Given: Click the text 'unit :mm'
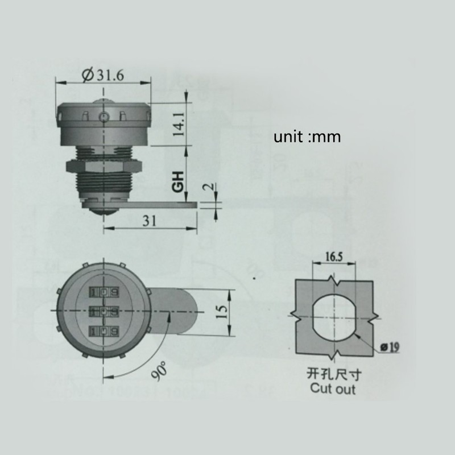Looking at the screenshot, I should click(307, 137).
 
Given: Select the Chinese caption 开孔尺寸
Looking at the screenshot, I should click(334, 375).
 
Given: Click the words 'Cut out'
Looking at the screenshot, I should click(334, 389).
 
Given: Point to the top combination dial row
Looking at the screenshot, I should click(103, 293).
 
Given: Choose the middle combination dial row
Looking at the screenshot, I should click(103, 311).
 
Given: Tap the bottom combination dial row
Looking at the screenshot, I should click(103, 330).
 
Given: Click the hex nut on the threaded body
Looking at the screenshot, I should click(103, 167).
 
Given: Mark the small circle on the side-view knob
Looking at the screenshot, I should click(103, 118).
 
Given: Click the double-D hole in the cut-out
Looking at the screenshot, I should click(334, 318).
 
